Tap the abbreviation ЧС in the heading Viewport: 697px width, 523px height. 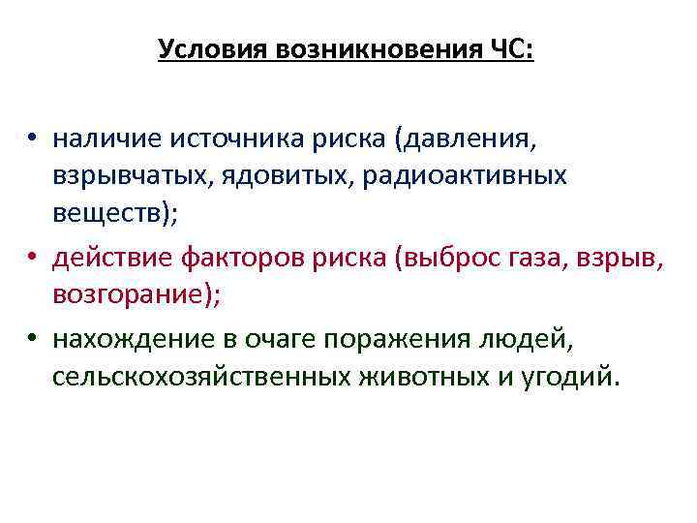tap(511, 48)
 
